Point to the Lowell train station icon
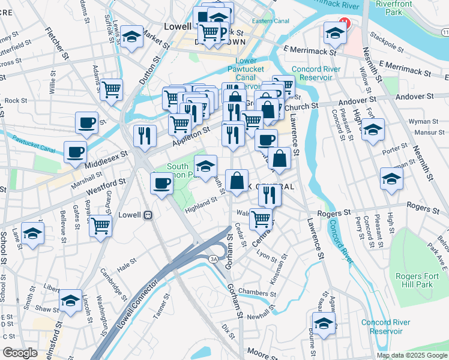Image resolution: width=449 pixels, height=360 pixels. [x=147, y=214]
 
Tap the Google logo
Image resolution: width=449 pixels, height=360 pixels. [x=20, y=353]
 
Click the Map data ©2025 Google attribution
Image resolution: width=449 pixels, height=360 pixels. [x=412, y=355]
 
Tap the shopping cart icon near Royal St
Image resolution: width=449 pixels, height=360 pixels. [x=100, y=226]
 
